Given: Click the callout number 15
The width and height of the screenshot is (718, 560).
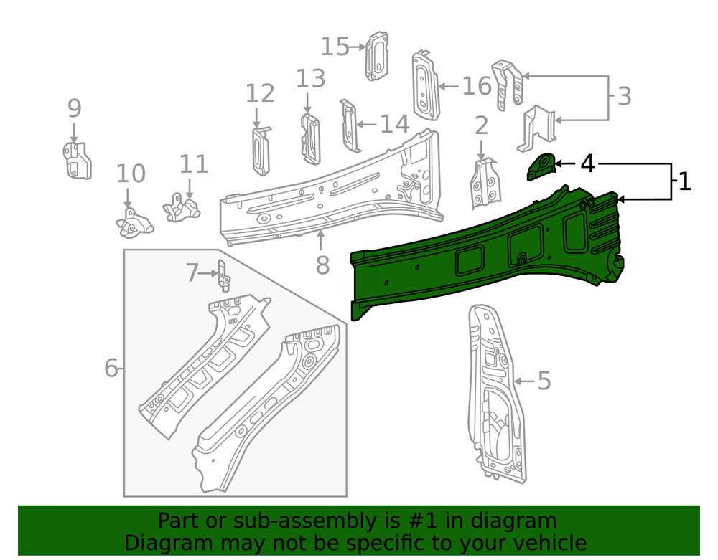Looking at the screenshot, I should [334, 47].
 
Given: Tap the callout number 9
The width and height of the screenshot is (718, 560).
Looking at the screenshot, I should [75, 109].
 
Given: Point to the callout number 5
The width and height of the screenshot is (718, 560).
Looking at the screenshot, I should [544, 381].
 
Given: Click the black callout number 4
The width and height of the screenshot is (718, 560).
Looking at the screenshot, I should [587, 163].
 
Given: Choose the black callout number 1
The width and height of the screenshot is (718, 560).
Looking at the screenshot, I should [684, 181].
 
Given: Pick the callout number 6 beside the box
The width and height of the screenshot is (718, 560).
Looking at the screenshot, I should [111, 369].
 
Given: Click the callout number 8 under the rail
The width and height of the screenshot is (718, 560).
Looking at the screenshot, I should [322, 265].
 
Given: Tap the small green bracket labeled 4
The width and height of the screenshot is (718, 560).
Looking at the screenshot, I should [541, 167].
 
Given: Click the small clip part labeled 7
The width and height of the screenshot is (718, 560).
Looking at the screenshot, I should [223, 275].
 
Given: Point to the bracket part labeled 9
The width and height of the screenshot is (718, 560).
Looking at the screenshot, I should [76, 161].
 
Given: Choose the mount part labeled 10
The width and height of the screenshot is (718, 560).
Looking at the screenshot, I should [134, 222].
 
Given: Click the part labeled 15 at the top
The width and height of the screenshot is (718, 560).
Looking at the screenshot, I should [378, 55].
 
